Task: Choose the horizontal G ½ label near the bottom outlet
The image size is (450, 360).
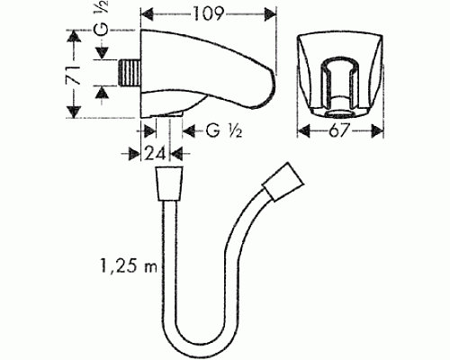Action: [220, 130]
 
